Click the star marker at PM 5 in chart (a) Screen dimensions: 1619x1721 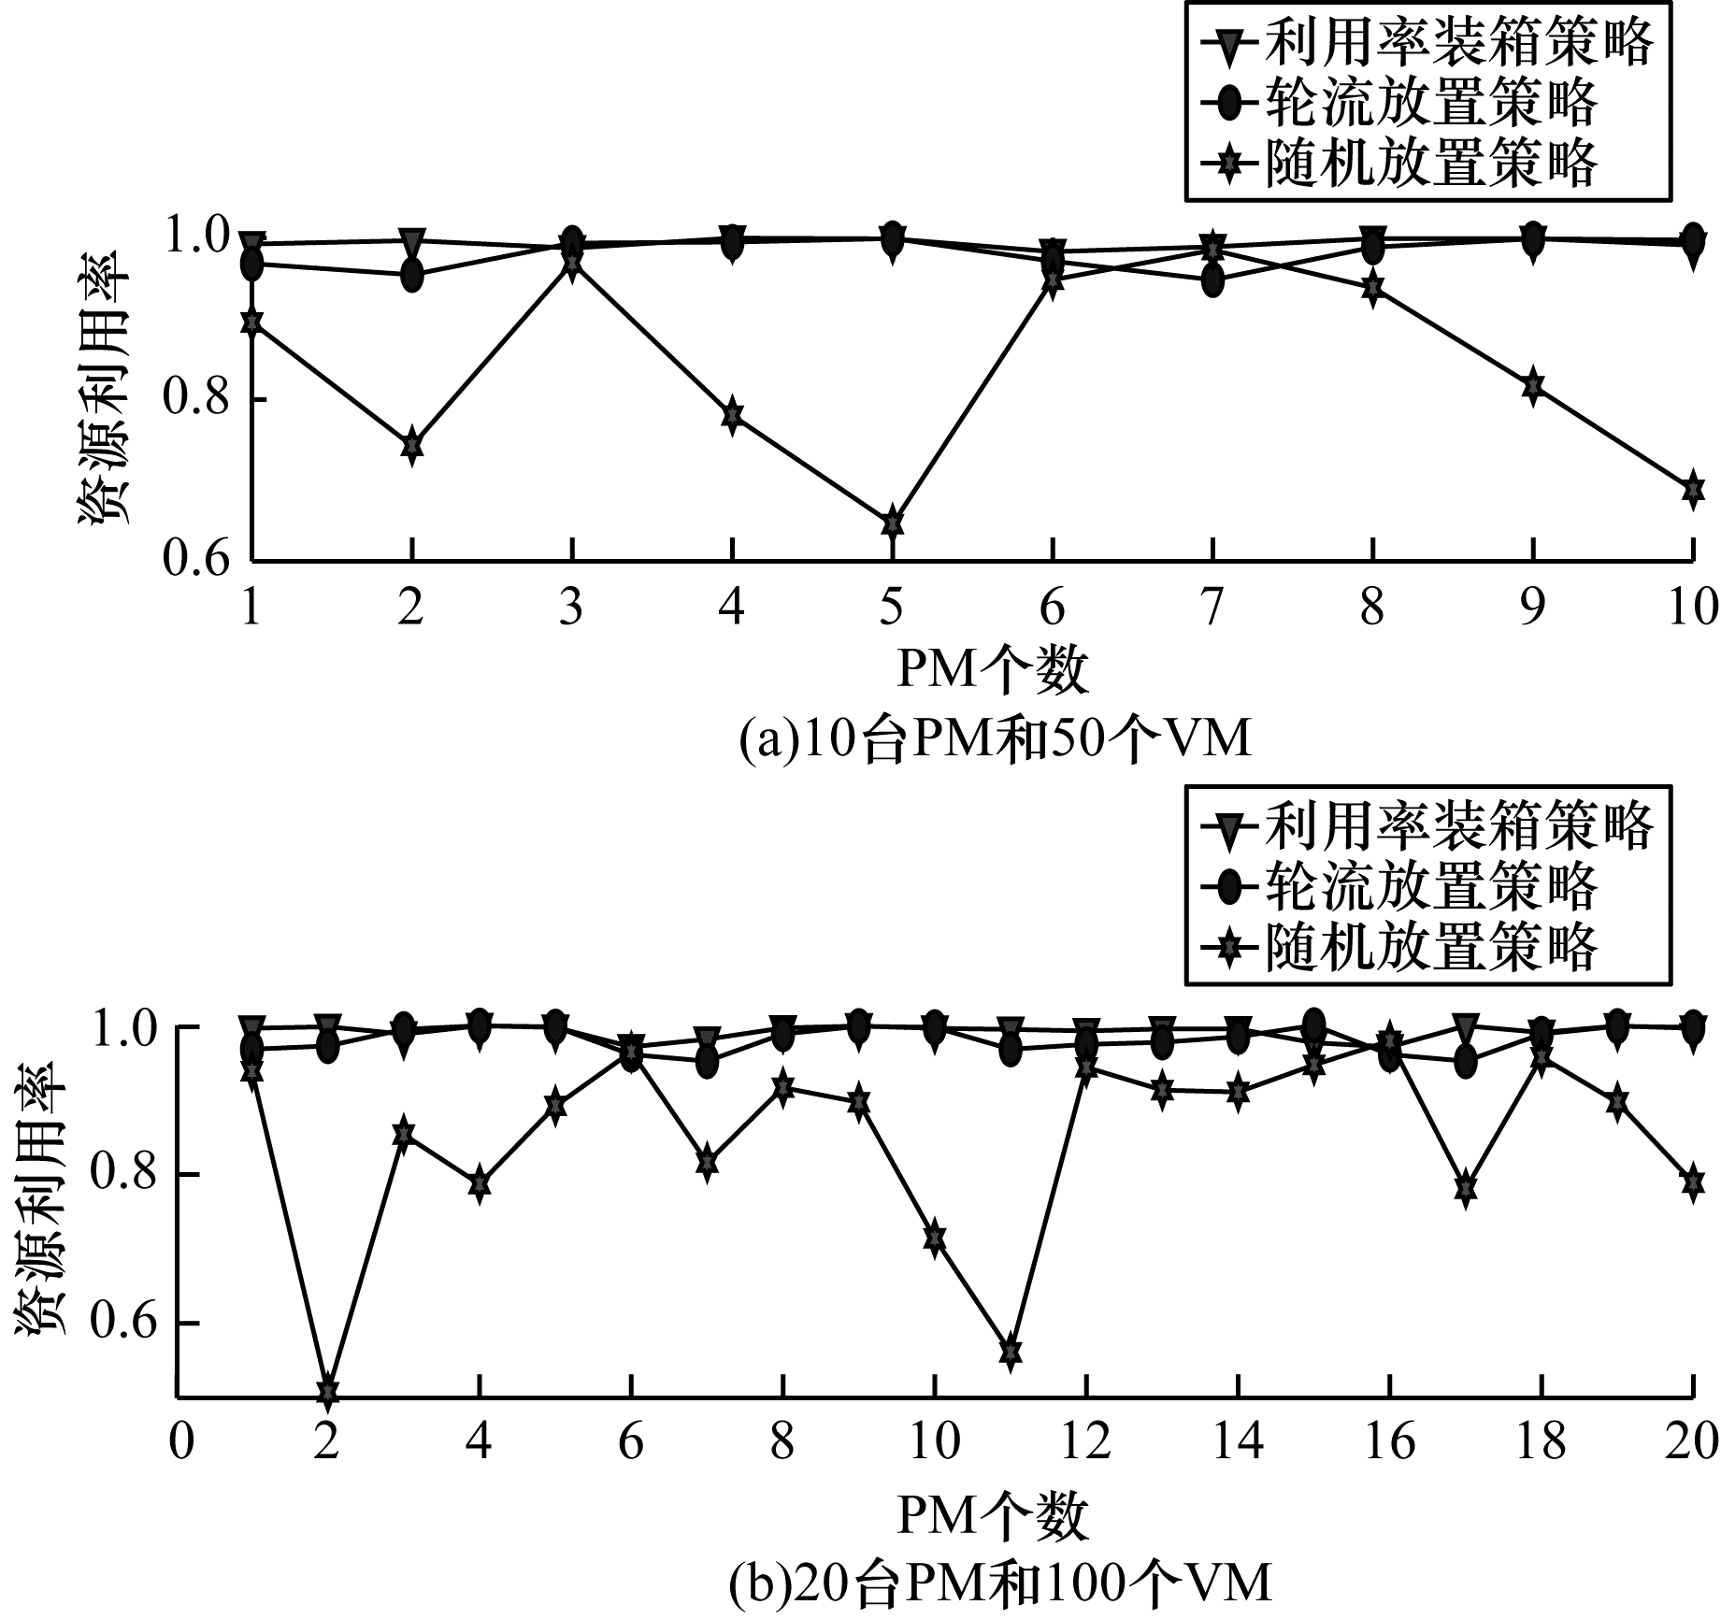pyautogui.click(x=893, y=522)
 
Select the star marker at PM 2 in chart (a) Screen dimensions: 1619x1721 pyautogui.click(x=412, y=445)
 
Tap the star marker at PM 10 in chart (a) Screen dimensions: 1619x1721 pyautogui.click(x=1693, y=489)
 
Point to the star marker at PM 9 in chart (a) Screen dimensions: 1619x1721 pyautogui.click(x=1532, y=385)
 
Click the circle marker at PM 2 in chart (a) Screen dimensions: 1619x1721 pyautogui.click(x=412, y=275)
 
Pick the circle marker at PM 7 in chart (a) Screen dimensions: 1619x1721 pyautogui.click(x=1212, y=279)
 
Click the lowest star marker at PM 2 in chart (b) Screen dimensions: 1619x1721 pyautogui.click(x=327, y=1392)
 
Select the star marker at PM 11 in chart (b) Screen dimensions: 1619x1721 pyautogui.click(x=1010, y=1352)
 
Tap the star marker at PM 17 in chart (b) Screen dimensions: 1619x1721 pyautogui.click(x=1466, y=1187)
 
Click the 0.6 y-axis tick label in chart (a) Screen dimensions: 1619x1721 pyautogui.click(x=196, y=560)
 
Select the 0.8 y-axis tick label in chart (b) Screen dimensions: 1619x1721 pyautogui.click(x=122, y=1175)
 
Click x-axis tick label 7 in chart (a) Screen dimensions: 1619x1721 pyautogui.click(x=1212, y=608)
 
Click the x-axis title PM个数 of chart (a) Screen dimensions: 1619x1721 pyautogui.click(x=993, y=671)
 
